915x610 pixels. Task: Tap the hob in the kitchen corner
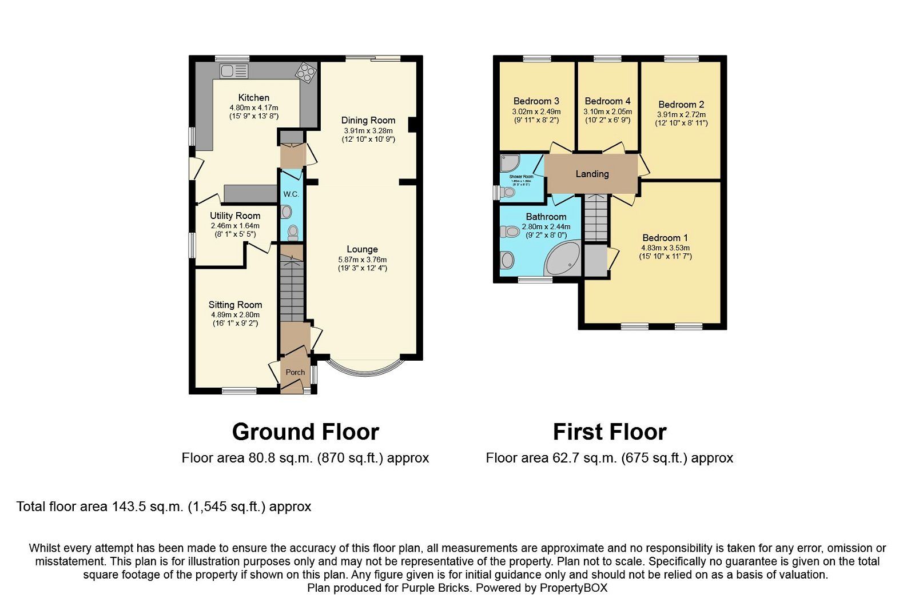click(305, 73)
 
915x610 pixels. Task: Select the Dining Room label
click(368, 120)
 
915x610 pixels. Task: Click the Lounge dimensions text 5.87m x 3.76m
click(362, 259)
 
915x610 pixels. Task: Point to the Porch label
click(295, 372)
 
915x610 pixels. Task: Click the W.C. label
click(291, 194)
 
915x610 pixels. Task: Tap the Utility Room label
click(234, 216)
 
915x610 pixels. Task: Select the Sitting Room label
click(235, 305)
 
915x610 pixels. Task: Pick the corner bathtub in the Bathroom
click(563, 258)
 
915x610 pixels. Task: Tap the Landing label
click(592, 174)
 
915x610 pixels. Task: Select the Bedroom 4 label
click(607, 101)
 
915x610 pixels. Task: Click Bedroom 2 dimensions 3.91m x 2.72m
click(681, 114)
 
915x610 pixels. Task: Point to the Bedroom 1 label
click(665, 238)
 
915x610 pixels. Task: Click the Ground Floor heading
click(305, 432)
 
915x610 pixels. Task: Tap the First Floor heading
click(610, 432)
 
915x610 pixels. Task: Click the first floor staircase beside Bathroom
click(595, 218)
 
